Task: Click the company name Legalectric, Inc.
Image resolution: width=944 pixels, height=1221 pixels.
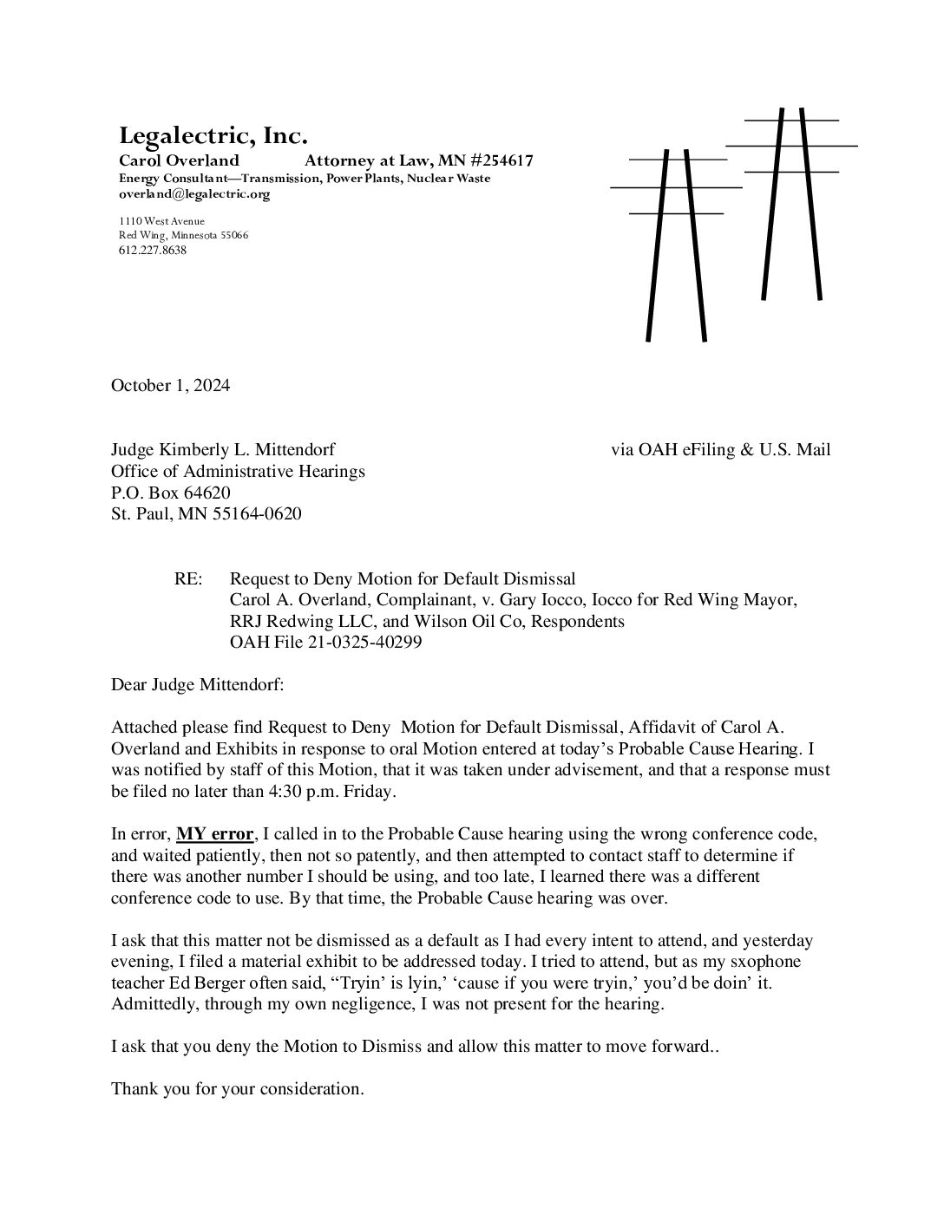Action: point(213,136)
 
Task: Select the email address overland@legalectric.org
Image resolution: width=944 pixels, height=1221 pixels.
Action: point(194,194)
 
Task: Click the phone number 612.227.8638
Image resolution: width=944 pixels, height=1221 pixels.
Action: point(153,251)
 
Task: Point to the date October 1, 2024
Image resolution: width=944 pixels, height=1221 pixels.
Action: point(170,386)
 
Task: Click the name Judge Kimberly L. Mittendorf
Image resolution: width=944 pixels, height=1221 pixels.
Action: point(223,449)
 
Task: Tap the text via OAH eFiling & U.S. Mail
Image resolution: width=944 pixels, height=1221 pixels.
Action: point(720,449)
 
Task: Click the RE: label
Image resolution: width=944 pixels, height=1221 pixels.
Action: point(188,578)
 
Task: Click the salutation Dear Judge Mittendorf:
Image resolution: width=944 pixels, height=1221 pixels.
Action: point(197,685)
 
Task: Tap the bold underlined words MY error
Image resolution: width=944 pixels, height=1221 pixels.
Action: point(215,834)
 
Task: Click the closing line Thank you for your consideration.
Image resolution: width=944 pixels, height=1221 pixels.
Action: point(237,1088)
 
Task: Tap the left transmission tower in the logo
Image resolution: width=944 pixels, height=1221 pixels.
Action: point(676,243)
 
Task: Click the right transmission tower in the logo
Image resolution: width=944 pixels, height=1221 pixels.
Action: point(792,204)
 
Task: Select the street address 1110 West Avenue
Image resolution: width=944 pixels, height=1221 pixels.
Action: point(161,221)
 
